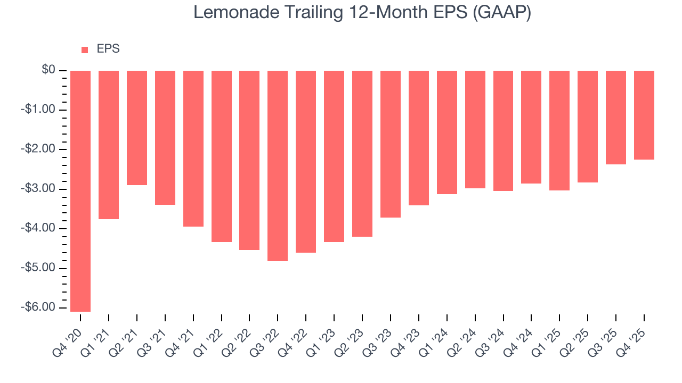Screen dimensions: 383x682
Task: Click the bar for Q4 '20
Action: coord(80,190)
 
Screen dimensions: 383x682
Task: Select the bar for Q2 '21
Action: coord(137,128)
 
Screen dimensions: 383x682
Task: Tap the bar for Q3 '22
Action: coord(278,165)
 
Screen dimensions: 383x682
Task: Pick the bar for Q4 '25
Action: coord(644,115)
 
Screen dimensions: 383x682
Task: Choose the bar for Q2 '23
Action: coord(362,153)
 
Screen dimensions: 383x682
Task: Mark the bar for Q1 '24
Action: coord(446,132)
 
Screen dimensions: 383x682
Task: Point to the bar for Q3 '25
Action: coord(615,117)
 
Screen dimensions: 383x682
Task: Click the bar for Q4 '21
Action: coord(193,148)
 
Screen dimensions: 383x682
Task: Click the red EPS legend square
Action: coord(85,50)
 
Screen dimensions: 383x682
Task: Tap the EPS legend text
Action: coord(108,49)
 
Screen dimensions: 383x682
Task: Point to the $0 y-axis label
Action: coord(49,70)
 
